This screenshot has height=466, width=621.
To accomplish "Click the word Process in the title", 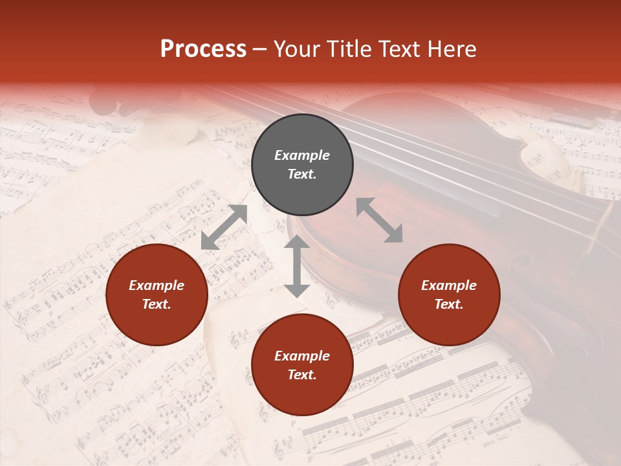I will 203,49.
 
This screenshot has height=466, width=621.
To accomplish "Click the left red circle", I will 157,294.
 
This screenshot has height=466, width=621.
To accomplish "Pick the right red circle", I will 449,294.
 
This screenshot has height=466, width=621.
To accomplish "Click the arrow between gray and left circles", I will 224,227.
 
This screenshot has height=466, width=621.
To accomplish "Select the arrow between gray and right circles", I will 379,220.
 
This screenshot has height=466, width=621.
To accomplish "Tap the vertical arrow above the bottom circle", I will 297,266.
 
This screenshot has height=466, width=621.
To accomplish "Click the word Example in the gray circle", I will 302,155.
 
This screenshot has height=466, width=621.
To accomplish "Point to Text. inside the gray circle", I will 302,174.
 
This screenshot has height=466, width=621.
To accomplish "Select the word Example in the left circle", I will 157,285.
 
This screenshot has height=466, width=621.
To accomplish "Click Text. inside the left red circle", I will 157,304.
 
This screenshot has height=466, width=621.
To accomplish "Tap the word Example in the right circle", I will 449,285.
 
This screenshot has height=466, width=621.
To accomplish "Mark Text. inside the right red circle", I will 449,304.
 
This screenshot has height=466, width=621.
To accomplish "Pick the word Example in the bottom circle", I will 302,356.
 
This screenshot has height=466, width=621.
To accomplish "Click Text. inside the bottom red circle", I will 302,375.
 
